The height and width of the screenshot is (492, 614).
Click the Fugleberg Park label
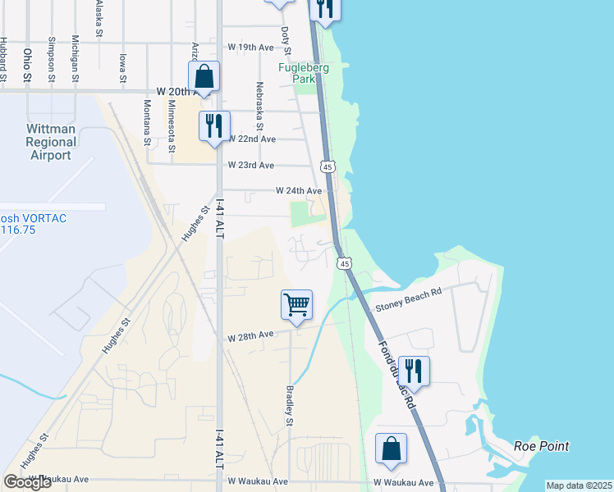[303, 75]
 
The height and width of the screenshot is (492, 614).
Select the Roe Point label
[541, 446]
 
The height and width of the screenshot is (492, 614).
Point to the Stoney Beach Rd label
[408, 307]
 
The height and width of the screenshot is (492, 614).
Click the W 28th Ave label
[250, 336]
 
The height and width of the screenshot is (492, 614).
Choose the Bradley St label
[290, 406]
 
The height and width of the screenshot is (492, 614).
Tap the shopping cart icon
[296, 304]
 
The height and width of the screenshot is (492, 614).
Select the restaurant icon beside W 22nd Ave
[214, 125]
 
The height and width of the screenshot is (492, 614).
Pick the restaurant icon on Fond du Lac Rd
[414, 371]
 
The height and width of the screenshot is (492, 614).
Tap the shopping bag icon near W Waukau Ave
[391, 449]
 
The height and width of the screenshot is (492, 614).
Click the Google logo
[27, 482]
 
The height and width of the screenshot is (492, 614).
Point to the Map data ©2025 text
[579, 485]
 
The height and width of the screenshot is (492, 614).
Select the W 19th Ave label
[250, 48]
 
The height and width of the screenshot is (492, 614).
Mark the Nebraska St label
[259, 106]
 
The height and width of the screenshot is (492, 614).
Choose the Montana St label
[148, 121]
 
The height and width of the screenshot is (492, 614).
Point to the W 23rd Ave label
[250, 165]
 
